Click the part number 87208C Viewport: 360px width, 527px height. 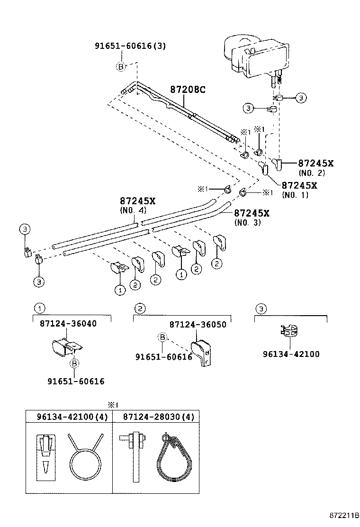point(188,90)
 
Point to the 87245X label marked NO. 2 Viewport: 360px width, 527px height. point(315,164)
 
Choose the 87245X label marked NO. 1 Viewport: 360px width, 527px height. point(299,186)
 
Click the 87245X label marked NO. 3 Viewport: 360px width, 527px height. point(252,213)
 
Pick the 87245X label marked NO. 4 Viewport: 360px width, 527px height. point(137,201)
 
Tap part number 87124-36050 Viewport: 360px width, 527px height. point(198,325)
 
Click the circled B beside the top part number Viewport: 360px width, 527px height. point(120,67)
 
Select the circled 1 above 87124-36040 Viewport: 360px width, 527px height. point(40,309)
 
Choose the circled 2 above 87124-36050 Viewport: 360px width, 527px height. point(140,309)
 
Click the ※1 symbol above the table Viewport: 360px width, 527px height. point(112,404)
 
